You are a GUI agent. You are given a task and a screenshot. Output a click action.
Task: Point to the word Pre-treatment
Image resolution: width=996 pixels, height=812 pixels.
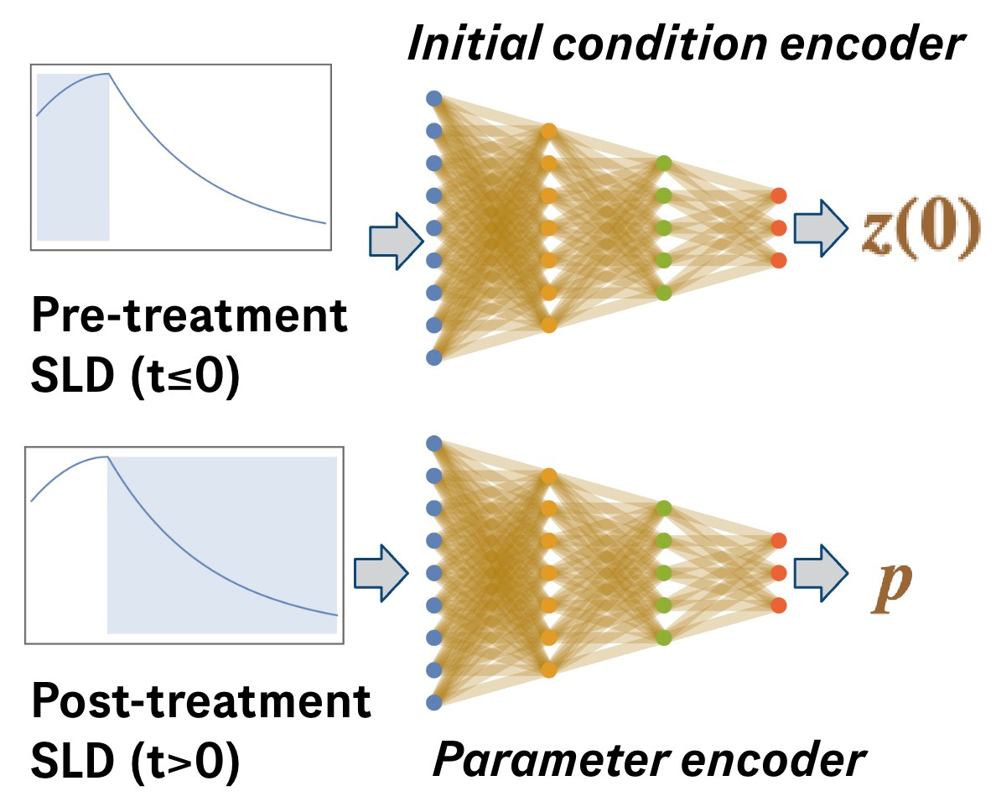point(189,317)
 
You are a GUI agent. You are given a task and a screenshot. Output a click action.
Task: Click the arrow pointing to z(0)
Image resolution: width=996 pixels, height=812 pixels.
point(821,227)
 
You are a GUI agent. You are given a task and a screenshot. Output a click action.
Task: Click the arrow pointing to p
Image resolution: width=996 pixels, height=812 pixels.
point(821,573)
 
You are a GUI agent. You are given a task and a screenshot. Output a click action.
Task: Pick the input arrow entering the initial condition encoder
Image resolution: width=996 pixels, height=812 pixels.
point(394,241)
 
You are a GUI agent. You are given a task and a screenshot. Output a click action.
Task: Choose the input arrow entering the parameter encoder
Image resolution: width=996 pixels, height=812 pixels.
point(381,573)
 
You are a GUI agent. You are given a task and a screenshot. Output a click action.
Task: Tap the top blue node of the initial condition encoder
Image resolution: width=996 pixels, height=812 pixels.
point(433,98)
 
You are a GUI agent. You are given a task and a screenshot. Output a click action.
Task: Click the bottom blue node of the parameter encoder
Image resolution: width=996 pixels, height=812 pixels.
point(433,702)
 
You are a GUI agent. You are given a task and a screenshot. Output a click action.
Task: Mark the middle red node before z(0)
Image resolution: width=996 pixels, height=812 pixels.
point(779,227)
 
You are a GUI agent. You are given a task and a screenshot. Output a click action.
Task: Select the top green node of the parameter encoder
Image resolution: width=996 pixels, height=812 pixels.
point(664,507)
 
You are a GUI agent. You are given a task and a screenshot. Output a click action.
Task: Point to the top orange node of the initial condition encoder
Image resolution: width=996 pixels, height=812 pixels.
point(548,131)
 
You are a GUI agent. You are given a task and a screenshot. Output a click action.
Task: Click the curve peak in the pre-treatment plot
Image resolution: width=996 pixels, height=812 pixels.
point(108,74)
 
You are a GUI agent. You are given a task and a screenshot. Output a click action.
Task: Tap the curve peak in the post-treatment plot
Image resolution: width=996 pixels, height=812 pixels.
point(106,457)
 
